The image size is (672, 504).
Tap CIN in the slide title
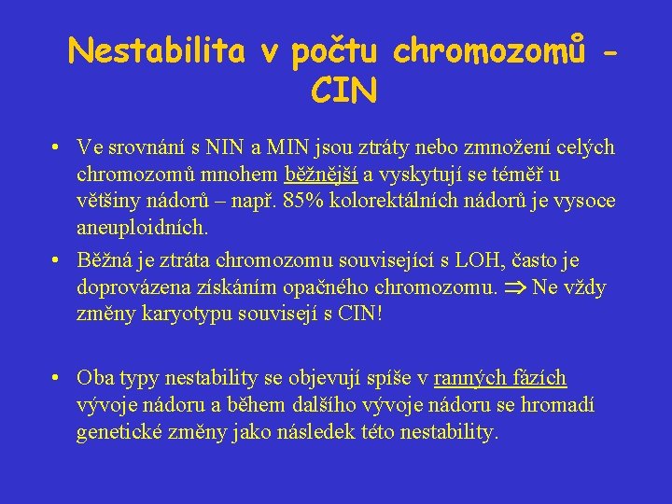(344, 91)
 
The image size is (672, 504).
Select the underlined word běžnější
(320, 174)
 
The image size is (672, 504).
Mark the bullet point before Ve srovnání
(57, 147)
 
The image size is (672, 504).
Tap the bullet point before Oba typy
(57, 378)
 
